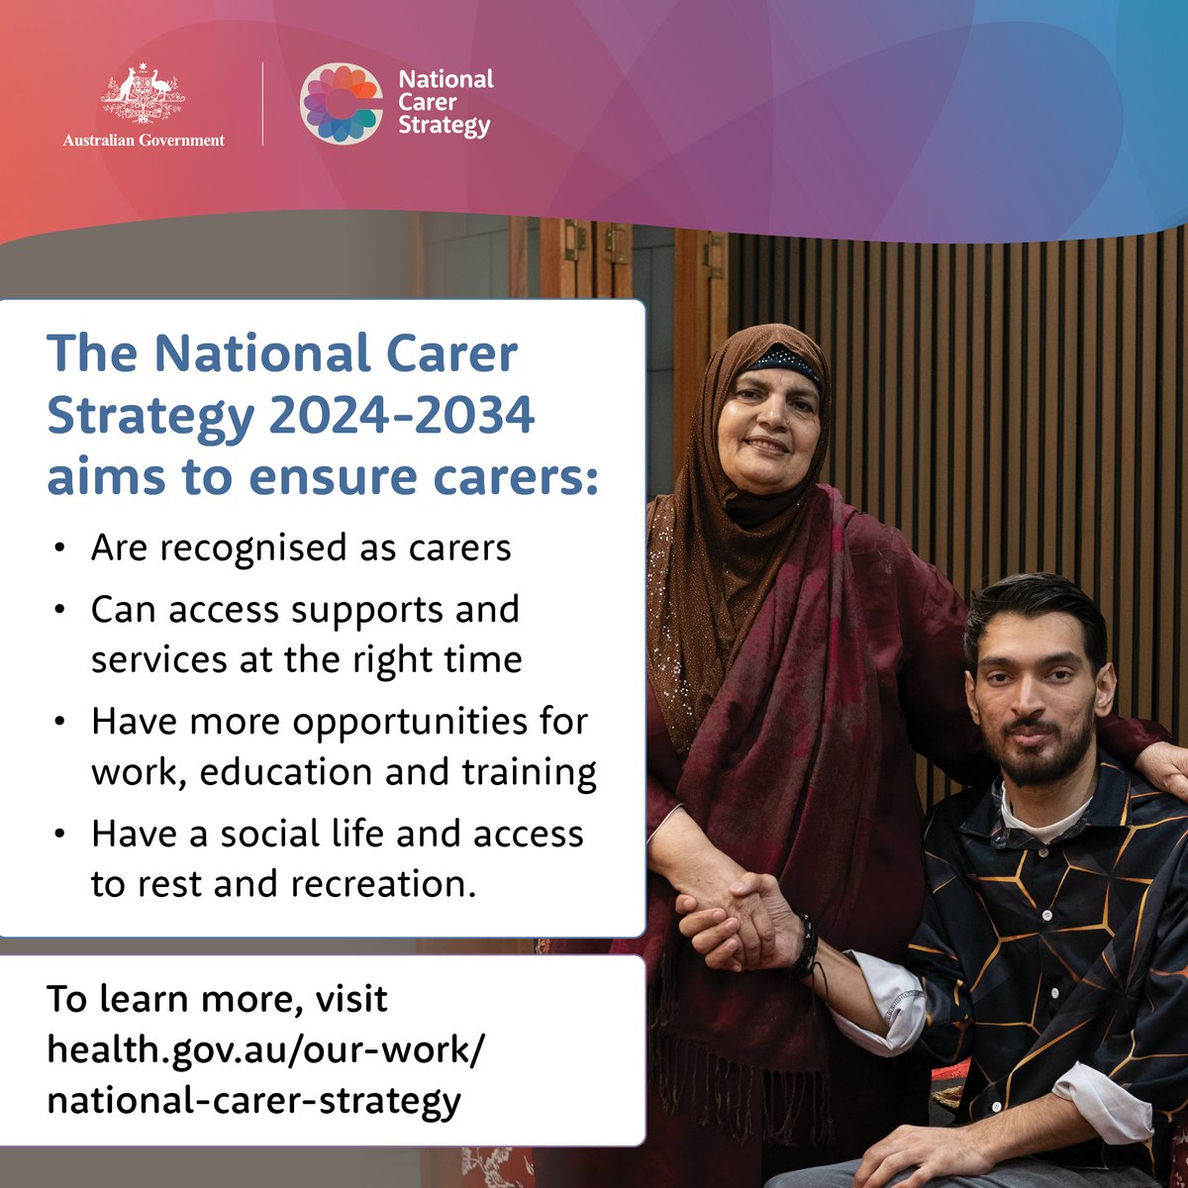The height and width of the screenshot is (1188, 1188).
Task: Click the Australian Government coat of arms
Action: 144,96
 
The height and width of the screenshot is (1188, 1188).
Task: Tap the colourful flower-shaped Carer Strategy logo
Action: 342,103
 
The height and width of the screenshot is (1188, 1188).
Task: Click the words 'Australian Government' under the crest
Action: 144,141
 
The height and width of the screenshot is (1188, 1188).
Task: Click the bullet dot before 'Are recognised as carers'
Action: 62,548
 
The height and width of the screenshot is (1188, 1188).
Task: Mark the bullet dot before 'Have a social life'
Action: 62,835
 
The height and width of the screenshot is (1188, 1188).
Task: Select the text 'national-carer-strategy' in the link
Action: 253,1100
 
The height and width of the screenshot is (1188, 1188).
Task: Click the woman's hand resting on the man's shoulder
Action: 1163,767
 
